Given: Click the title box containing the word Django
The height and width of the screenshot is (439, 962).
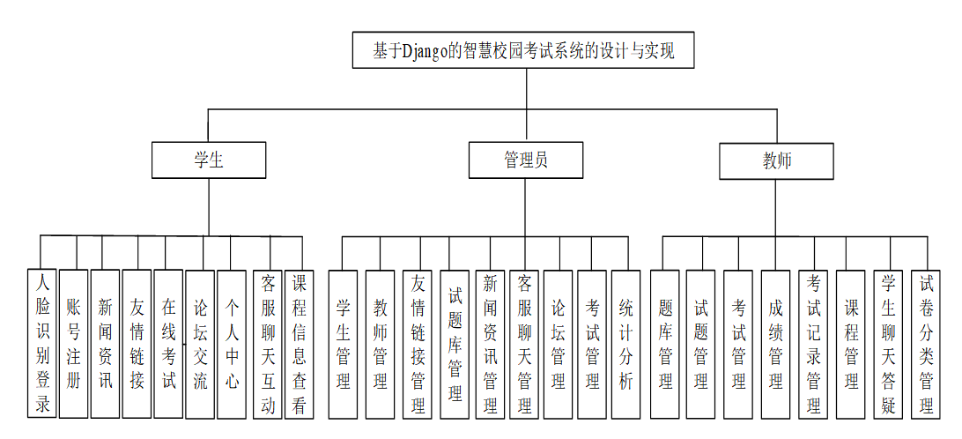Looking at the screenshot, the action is (x=523, y=50).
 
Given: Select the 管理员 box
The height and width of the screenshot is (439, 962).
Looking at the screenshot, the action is (x=526, y=160).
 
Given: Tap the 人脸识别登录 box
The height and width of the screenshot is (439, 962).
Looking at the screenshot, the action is (x=42, y=344).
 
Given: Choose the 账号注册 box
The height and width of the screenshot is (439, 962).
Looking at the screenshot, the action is (x=74, y=344).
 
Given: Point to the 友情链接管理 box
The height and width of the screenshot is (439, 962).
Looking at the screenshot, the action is (x=418, y=344).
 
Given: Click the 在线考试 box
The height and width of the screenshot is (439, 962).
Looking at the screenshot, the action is (x=169, y=344).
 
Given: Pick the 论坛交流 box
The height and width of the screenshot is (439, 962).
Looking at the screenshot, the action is (x=200, y=344).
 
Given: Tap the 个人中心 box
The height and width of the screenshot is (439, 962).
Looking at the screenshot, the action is (x=232, y=344).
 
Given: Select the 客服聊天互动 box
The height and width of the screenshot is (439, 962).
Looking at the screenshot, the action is (x=268, y=344).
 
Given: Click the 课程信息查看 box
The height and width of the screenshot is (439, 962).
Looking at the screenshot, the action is (x=300, y=344).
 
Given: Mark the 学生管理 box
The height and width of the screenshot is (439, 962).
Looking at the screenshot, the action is (x=344, y=344).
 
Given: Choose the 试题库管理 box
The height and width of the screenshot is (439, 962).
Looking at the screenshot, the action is (x=455, y=344).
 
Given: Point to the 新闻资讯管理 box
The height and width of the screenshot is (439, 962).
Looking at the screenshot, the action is (x=490, y=344).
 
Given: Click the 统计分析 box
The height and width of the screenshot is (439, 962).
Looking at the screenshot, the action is (x=626, y=344).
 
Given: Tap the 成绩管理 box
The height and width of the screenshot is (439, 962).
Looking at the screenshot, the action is (x=776, y=344).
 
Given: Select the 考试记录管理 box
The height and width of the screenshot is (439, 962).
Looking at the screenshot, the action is (x=813, y=344).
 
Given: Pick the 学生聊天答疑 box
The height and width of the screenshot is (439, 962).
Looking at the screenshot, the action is (x=889, y=344).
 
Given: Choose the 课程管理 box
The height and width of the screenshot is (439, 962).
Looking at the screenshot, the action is (x=851, y=344).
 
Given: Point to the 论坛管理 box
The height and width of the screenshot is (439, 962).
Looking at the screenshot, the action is (x=559, y=344).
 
